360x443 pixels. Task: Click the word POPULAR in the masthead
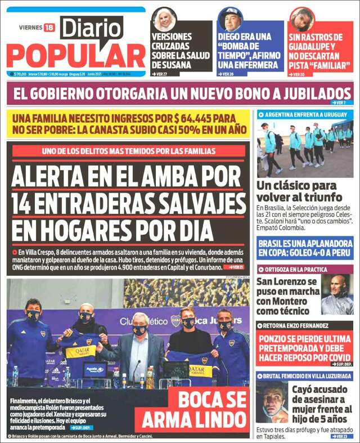click(x=76, y=56)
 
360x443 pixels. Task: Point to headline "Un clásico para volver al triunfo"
click(x=300, y=191)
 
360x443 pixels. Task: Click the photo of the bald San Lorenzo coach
click(x=337, y=294)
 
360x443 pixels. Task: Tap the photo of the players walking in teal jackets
click(x=305, y=147)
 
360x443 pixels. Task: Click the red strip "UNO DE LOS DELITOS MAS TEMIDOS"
click(x=129, y=151)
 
